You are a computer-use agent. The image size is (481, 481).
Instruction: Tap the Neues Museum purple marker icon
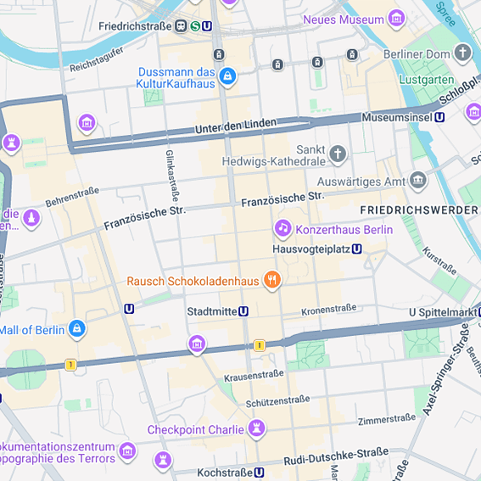point(396,19)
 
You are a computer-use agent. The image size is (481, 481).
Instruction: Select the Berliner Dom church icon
point(462,53)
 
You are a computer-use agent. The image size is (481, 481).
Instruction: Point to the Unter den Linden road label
point(236,126)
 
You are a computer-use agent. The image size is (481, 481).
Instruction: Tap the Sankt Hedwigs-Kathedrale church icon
point(338,154)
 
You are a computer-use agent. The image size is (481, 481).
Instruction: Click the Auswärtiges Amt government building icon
point(417,180)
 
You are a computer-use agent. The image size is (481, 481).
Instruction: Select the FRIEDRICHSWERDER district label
point(419,210)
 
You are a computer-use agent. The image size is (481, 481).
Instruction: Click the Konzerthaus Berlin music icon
point(282,228)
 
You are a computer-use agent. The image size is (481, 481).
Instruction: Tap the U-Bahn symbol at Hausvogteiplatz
point(357,249)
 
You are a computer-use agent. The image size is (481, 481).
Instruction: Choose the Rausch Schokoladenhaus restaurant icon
point(271,279)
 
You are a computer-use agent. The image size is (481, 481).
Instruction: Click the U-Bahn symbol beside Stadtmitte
point(243,311)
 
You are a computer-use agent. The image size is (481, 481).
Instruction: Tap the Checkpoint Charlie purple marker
point(257,428)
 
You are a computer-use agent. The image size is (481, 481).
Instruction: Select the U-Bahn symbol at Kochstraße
point(259,473)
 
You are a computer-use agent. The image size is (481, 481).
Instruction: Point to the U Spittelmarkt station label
point(444,312)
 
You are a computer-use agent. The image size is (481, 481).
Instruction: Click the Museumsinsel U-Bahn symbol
point(439,118)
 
